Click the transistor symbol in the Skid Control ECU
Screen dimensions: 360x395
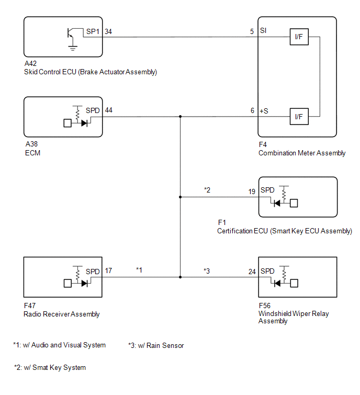point(70,33)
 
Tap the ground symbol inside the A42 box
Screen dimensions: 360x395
point(73,48)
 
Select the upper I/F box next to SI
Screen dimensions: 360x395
point(299,37)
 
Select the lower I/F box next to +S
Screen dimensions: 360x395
point(299,117)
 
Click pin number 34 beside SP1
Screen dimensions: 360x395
point(108,31)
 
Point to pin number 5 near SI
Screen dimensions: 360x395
point(252,31)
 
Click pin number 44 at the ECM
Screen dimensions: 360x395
point(109,110)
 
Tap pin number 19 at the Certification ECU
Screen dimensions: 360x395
point(252,191)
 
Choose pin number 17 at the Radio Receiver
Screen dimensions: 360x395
point(108,271)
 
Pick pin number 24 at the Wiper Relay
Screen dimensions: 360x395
point(252,272)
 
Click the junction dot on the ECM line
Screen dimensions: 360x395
point(180,117)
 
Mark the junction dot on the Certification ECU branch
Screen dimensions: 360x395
point(180,197)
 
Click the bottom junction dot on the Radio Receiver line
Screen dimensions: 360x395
point(180,277)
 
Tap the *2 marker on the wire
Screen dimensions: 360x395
point(207,190)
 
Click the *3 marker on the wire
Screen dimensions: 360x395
point(207,271)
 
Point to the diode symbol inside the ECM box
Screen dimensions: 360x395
point(84,123)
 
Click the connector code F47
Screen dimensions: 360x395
point(30,306)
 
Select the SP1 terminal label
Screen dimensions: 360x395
point(93,31)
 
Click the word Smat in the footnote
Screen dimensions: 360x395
point(40,368)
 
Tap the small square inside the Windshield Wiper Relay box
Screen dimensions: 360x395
point(294,284)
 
